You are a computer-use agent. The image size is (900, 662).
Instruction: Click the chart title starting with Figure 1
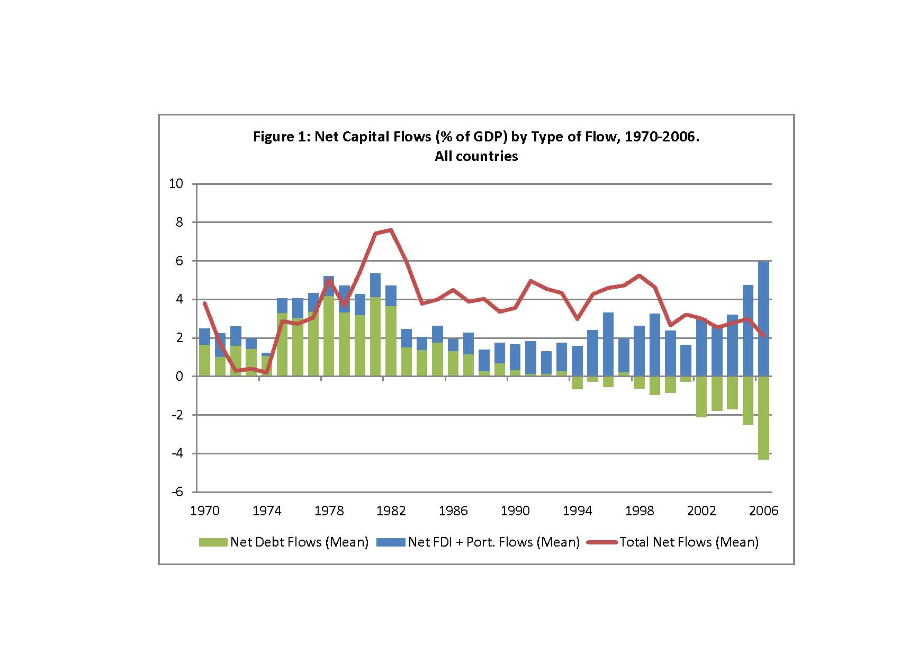tap(476, 137)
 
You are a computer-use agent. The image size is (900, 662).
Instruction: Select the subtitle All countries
tap(476, 156)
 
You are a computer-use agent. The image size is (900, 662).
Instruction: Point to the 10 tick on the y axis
tap(176, 184)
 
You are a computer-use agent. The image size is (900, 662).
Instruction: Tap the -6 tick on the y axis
tap(177, 491)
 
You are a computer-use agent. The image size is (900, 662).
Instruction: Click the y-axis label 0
tap(179, 376)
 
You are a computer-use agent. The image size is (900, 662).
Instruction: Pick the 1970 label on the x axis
tap(205, 511)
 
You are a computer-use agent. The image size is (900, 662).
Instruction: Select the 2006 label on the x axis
tap(764, 511)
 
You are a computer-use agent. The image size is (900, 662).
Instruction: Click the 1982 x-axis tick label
tap(391, 511)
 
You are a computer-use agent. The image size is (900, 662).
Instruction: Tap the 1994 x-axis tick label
tap(578, 511)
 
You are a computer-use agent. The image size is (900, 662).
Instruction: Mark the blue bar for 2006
tap(763, 318)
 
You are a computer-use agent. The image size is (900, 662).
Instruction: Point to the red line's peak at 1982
tap(391, 230)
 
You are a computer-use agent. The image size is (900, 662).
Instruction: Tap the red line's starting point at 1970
tap(205, 303)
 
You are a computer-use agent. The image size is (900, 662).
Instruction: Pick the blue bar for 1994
tap(578, 361)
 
